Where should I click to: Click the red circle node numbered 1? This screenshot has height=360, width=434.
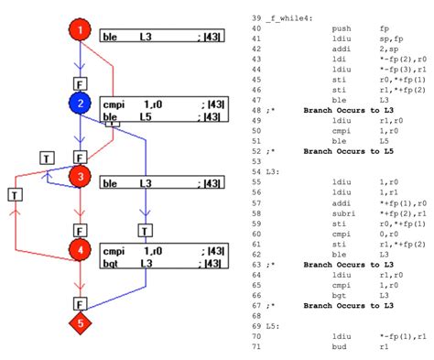click(x=81, y=32)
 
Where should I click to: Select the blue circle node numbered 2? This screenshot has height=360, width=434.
click(x=81, y=104)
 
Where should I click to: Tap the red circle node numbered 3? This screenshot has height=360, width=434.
click(x=81, y=176)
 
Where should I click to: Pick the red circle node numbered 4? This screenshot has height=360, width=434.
click(x=81, y=248)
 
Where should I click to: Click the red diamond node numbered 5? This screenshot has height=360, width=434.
click(x=81, y=322)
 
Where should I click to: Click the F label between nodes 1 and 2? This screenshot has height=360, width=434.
click(x=81, y=82)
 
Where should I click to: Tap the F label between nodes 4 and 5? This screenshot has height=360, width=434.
click(x=81, y=301)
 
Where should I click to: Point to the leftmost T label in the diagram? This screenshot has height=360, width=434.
click(x=15, y=193)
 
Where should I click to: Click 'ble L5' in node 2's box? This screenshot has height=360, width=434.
click(x=128, y=117)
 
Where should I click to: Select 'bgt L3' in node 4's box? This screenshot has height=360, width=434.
click(x=128, y=263)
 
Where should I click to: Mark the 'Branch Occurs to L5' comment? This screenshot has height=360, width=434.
click(x=348, y=151)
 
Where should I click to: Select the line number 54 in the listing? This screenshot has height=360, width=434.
click(x=257, y=171)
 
